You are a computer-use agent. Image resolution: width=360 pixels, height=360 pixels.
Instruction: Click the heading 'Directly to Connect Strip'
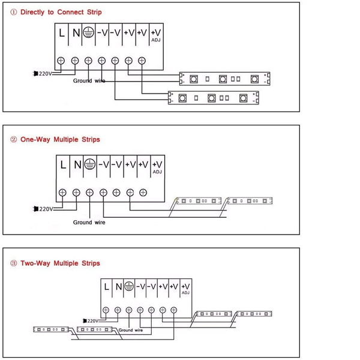[x=61, y=12]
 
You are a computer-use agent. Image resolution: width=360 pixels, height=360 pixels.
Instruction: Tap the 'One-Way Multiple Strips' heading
[x=60, y=139]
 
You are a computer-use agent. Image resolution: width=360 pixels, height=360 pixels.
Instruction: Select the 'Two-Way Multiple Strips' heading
[x=60, y=263]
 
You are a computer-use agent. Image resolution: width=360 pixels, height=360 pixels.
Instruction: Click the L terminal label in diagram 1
[x=62, y=33]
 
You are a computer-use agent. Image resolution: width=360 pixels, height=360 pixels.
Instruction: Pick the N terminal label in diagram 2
[x=77, y=164]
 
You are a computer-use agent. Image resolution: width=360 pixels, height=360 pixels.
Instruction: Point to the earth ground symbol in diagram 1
[x=88, y=32]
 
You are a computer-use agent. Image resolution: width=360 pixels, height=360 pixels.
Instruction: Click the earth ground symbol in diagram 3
[x=129, y=286]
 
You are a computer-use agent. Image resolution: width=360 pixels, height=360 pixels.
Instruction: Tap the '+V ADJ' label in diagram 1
[x=156, y=35]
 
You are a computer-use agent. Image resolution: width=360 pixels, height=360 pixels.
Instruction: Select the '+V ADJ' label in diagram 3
[x=185, y=289]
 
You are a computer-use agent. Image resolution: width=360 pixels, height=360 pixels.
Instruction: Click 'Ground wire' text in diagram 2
[x=89, y=222]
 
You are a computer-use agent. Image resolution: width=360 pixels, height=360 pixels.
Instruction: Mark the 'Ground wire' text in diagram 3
[x=131, y=330]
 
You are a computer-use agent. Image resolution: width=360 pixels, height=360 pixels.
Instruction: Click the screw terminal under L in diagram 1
[x=61, y=61]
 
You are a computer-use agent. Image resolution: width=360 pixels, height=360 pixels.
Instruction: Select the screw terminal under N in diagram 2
[x=76, y=193]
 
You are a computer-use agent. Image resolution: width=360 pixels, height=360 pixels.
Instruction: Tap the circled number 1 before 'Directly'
[x=14, y=12]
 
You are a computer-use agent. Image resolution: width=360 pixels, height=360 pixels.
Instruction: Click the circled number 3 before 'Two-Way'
[x=14, y=263]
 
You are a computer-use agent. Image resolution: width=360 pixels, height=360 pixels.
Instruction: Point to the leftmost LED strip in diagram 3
[x=51, y=329]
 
